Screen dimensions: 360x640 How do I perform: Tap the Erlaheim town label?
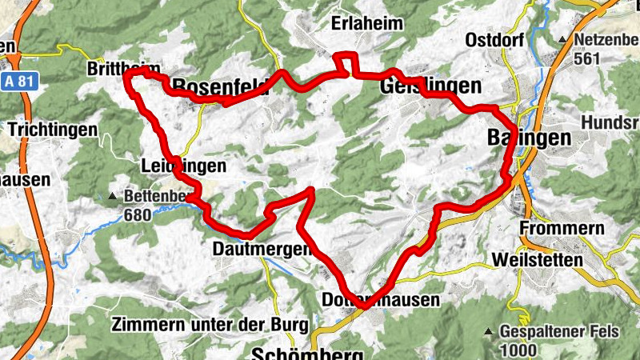[x=367, y=24]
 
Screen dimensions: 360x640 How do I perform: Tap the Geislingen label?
[x=431, y=86]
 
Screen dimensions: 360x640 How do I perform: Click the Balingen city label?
[x=529, y=138]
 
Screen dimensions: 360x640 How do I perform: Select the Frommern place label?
[x=562, y=229]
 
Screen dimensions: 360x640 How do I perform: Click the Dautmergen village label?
[x=261, y=250]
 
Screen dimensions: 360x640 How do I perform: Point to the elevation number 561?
[x=587, y=58]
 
